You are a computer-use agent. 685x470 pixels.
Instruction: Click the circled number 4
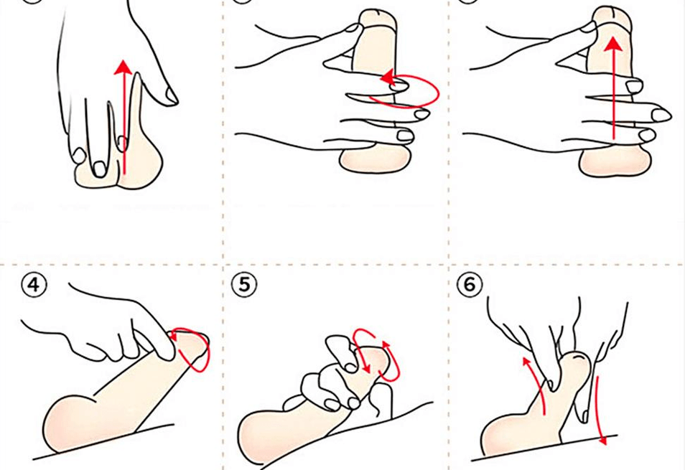point(34,285)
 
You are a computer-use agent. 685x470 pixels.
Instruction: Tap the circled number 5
point(243,285)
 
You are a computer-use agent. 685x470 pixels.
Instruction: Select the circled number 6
point(469,285)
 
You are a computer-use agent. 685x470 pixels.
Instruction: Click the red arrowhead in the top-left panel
point(124,67)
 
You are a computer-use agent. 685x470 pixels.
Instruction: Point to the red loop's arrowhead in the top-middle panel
point(388,78)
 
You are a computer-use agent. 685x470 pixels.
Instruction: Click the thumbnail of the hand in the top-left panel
point(171,95)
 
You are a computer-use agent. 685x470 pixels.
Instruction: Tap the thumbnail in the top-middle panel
point(353,29)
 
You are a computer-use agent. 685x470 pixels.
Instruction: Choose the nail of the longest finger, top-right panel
point(661,116)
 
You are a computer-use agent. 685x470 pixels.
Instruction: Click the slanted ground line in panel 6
point(544,447)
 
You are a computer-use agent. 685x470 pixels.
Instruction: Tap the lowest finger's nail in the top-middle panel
point(406,136)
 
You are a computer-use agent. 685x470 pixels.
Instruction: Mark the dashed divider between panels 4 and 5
point(223,367)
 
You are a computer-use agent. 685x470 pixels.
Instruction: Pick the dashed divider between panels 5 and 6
point(448,367)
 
